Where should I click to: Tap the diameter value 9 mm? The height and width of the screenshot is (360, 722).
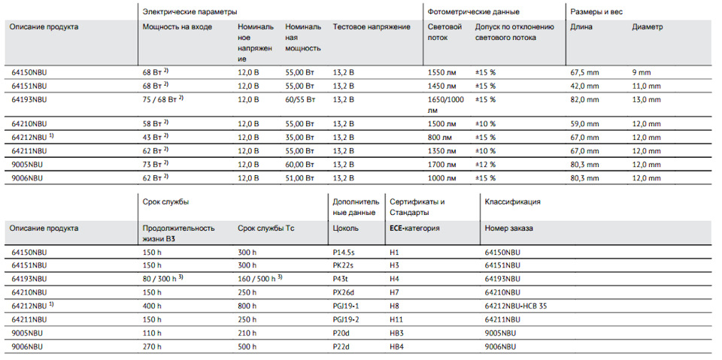642,73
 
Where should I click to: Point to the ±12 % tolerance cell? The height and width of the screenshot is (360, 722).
485,165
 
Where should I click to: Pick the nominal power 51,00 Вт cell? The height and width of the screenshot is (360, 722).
300,177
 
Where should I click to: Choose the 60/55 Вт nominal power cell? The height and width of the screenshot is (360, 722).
300,99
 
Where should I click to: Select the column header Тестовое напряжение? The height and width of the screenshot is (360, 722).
372,27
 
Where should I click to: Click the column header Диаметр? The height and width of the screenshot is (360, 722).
648,27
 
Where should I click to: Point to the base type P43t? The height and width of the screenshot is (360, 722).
340,279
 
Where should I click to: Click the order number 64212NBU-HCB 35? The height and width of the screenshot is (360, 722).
516,306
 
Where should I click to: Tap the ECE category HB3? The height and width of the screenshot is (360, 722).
396,332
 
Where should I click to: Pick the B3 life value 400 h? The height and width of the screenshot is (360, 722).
153,306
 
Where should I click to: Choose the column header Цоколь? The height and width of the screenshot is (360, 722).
345,228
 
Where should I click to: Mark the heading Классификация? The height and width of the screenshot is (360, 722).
512,201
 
